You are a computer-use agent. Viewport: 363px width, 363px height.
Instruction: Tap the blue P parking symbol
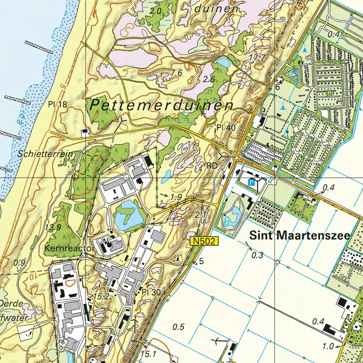(252, 182)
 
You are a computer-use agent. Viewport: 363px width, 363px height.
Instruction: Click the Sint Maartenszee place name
(300, 235)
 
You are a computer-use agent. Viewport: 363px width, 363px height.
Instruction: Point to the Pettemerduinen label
(161, 105)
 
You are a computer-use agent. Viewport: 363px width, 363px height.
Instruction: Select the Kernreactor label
(64, 248)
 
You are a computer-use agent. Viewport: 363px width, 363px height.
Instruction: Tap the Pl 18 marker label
(57, 104)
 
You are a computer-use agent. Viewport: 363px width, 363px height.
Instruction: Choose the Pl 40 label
(225, 128)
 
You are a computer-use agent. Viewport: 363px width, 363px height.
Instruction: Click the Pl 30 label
(151, 293)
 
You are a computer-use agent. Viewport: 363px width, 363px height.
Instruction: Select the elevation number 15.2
(102, 296)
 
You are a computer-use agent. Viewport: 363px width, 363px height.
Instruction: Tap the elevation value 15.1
(148, 354)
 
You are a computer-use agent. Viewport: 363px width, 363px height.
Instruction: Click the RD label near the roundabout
(212, 165)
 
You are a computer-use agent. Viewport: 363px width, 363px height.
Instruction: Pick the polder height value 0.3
(258, 255)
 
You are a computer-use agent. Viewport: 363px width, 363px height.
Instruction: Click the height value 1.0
(328, 346)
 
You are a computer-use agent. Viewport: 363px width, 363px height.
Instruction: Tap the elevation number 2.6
(209, 79)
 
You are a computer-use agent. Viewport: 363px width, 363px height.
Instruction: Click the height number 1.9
(177, 197)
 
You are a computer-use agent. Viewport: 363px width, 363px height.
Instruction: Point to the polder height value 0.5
(179, 327)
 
